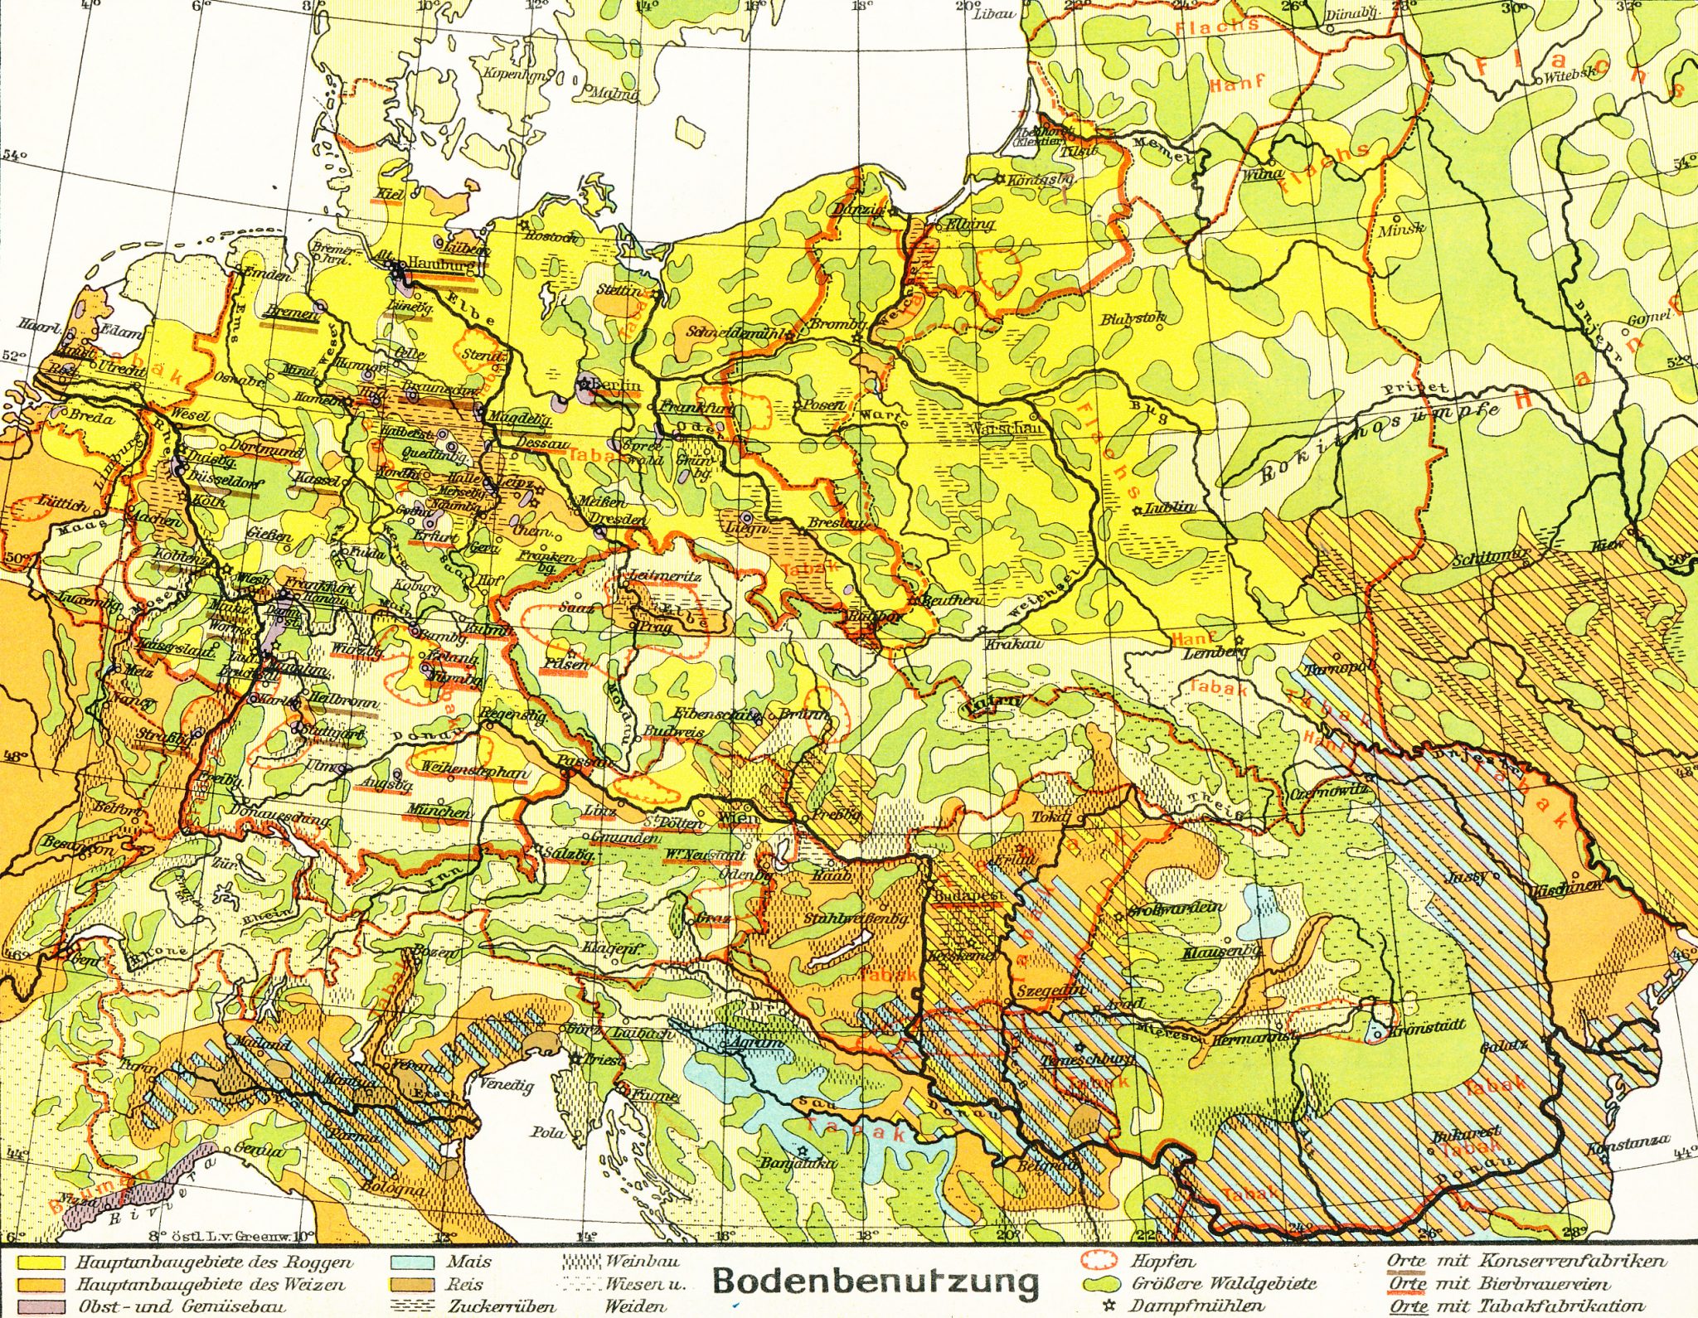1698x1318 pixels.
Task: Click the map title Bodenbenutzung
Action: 876,1281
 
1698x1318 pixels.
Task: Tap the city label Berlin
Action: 617,385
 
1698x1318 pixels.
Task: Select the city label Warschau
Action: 996,429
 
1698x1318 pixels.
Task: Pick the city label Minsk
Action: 1400,230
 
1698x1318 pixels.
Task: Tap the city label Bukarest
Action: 1465,1131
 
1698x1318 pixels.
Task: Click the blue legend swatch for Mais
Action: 413,1263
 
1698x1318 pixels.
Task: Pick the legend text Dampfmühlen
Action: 1197,1306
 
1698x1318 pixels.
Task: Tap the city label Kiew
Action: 1607,546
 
